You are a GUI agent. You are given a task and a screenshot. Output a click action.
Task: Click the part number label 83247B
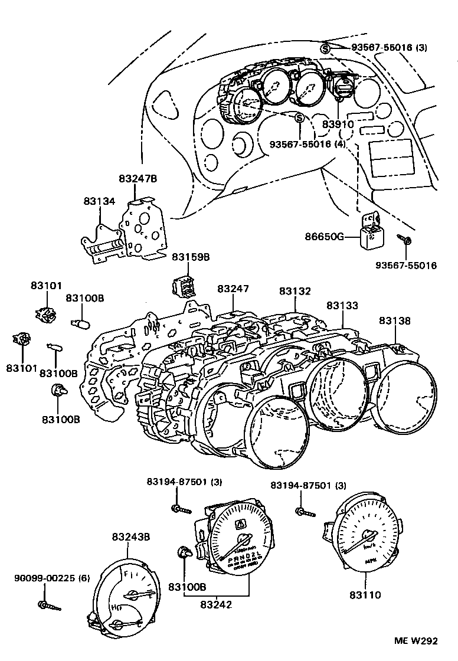pos(138,178)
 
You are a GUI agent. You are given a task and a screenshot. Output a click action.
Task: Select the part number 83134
pos(99,202)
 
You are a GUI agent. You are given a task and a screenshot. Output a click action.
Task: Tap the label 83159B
pos(191,257)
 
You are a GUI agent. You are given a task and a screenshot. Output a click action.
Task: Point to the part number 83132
pos(295,292)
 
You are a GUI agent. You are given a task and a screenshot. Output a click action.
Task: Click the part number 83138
pos(395,321)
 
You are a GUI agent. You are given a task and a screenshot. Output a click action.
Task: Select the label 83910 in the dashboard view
pos(338,125)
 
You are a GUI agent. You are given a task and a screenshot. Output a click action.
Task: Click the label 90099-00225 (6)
pos(52,578)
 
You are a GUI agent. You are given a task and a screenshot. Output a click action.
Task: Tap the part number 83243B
pos(131,537)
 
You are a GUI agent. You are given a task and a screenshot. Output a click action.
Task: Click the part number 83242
pos(216,604)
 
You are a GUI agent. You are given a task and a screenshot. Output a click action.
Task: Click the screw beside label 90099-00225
pos(50,606)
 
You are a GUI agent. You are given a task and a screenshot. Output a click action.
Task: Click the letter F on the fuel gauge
pos(125,573)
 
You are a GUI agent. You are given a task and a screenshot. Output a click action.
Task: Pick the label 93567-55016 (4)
pos(307,144)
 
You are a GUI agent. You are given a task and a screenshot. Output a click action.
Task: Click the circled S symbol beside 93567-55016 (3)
pos(325,48)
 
